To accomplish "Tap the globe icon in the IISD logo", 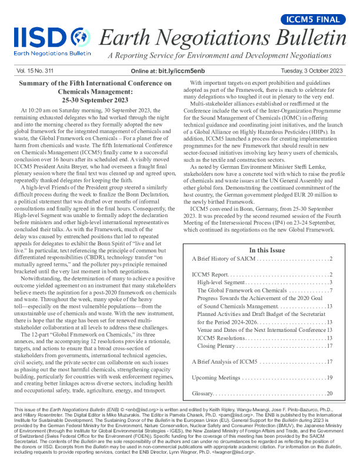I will point(81,38).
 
